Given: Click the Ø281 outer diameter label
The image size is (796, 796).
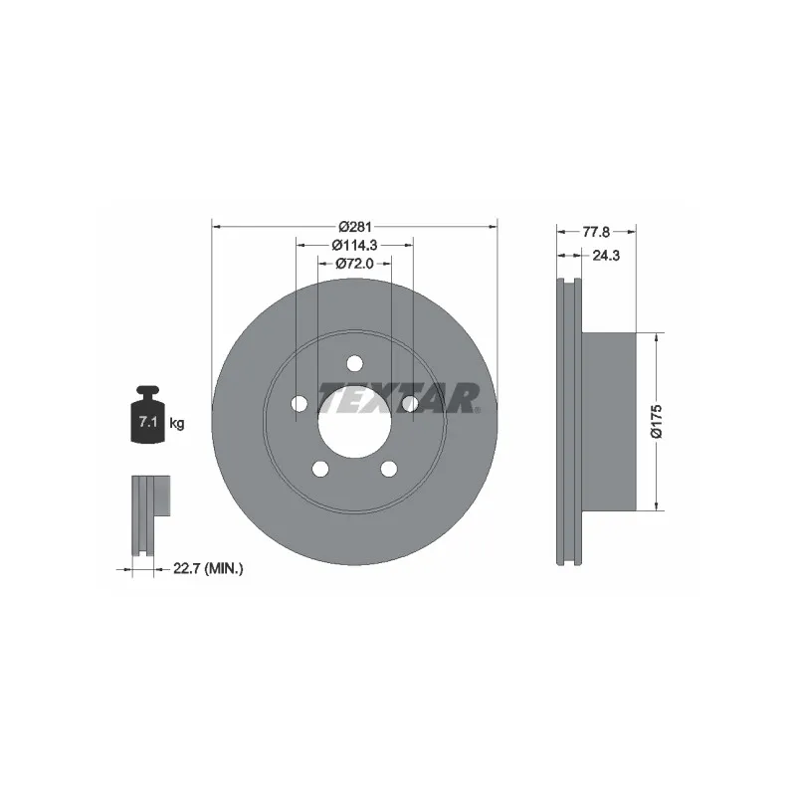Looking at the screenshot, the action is (x=355, y=227).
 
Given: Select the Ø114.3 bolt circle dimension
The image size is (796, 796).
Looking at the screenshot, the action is (x=354, y=245).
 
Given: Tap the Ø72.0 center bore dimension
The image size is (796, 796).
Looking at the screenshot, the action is (x=354, y=264).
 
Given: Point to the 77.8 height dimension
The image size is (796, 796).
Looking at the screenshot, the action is (x=596, y=232).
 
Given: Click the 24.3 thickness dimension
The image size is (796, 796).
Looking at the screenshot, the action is (x=606, y=256).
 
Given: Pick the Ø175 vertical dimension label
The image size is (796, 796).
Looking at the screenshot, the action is (x=657, y=421).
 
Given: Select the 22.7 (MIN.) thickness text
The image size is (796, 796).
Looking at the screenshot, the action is (x=208, y=569).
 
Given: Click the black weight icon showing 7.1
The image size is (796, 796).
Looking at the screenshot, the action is (x=147, y=414).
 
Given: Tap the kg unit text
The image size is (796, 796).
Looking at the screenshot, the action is (x=177, y=423).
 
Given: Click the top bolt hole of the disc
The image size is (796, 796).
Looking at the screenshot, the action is (x=355, y=363).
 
